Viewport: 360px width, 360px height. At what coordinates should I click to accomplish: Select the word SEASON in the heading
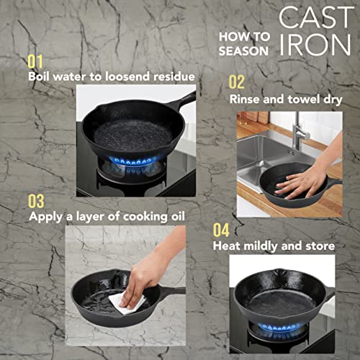point(246,50)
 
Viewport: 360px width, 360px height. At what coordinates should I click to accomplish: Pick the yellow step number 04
point(221,230)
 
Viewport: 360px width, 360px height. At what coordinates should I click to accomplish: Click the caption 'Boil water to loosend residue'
point(111,76)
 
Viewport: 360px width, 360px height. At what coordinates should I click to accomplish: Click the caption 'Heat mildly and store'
point(274,246)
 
